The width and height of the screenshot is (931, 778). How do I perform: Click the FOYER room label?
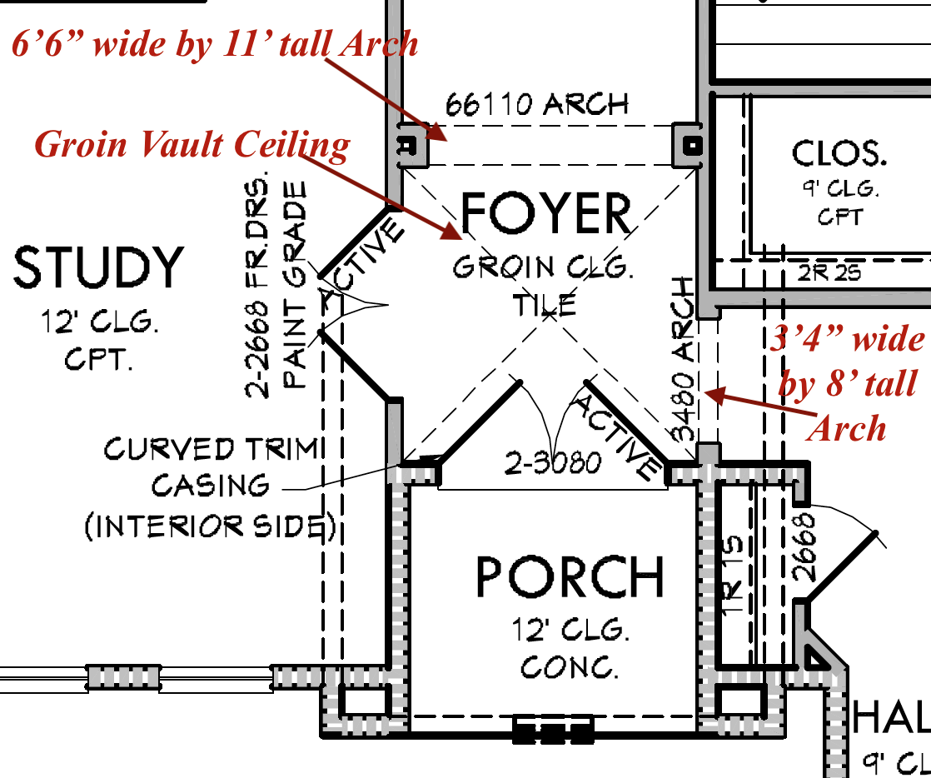(x=545, y=214)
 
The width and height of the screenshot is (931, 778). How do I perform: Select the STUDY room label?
(x=98, y=268)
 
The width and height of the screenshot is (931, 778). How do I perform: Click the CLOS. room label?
(x=839, y=154)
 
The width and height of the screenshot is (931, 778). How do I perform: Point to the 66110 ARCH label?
(x=537, y=105)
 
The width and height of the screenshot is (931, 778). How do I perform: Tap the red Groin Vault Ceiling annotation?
(x=192, y=145)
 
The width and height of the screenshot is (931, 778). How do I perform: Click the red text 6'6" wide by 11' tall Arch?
(x=215, y=43)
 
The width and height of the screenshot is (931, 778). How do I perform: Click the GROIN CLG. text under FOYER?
(x=543, y=268)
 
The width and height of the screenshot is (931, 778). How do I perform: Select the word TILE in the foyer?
(x=544, y=305)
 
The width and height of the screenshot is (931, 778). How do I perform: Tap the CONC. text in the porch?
(x=570, y=666)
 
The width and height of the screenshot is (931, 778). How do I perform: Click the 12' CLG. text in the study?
(x=99, y=322)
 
